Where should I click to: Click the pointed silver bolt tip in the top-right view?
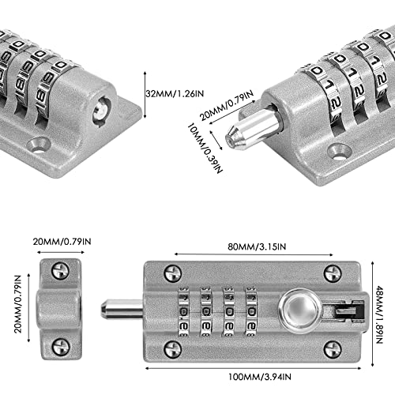click(236, 135)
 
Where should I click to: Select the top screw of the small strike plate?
click(61, 270)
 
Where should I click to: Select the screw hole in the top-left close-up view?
click(39, 145)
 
